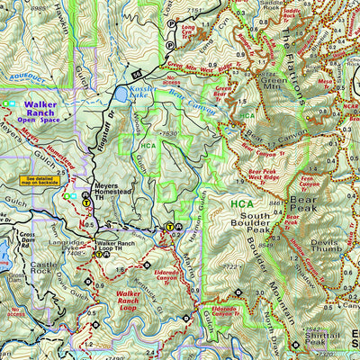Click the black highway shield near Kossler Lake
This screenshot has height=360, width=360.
point(138,71)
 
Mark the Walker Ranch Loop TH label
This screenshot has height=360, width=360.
point(120,247)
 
